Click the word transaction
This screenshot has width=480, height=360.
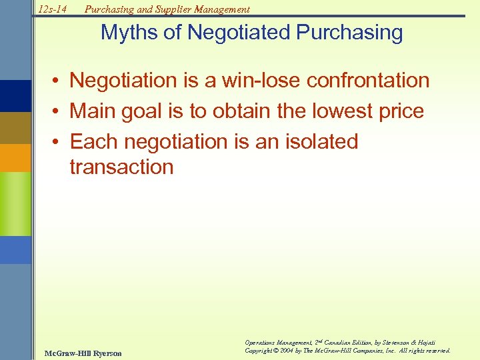point(121,167)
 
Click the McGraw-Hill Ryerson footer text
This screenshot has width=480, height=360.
point(81,353)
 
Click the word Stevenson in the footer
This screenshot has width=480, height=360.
point(396,341)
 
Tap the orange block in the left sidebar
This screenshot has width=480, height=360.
point(15,158)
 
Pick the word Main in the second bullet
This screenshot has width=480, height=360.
point(93,111)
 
